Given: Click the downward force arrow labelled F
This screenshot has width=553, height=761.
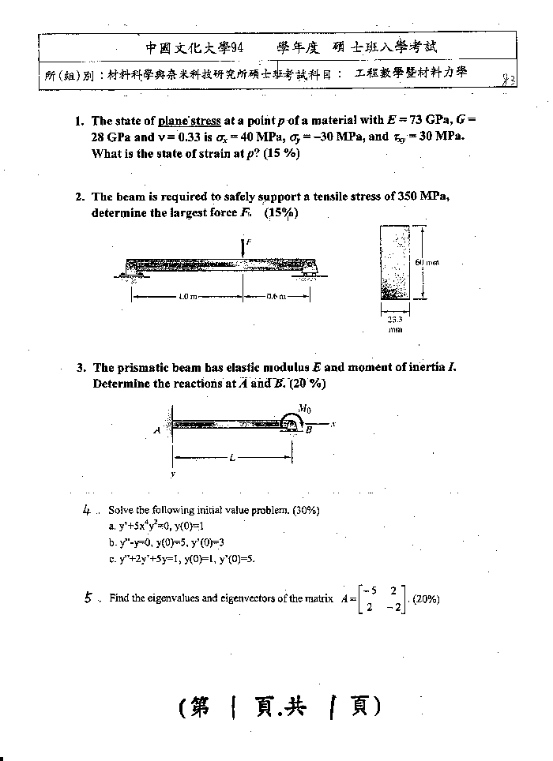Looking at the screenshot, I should pos(243,247).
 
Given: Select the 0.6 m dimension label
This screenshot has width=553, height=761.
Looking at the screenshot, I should pos(276,296).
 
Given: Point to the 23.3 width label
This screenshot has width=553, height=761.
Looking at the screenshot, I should pos(395,321).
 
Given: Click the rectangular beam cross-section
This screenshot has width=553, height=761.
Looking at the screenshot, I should pos(395,261).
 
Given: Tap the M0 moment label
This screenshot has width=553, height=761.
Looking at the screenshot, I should pos(303,409).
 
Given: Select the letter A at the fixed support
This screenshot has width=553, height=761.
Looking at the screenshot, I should pos(157,430).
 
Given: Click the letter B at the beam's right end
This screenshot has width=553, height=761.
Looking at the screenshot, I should pos(309,430).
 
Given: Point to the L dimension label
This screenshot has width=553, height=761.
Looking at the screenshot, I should pos(232,458).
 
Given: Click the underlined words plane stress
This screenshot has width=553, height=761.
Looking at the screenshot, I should pos(190,122).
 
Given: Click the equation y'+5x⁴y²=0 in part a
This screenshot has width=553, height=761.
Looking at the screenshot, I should pos(150,526).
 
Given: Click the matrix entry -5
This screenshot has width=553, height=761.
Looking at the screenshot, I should pos(367,590).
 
